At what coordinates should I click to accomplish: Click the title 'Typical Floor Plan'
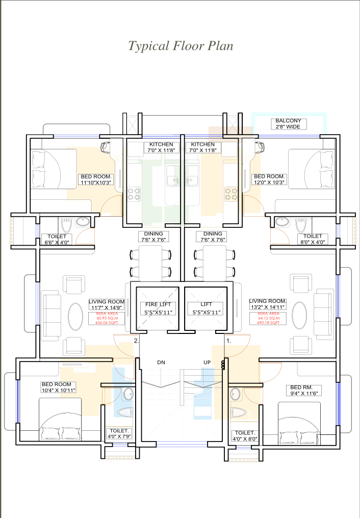tap(181, 46)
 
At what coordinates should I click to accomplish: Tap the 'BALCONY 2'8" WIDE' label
tap(288, 124)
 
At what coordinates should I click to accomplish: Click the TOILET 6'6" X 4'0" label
tap(60, 239)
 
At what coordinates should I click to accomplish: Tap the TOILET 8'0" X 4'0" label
tap(313, 239)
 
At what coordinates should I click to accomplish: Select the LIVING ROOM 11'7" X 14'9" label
tap(107, 304)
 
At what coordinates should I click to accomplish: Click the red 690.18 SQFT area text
tap(268, 323)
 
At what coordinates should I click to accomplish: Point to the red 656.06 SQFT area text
tap(107, 323)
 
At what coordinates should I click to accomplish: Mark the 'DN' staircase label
tap(161, 362)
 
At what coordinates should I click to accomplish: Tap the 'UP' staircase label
tap(207, 362)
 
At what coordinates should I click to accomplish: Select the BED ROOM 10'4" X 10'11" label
tap(59, 387)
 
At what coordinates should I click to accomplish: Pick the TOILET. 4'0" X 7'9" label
tap(120, 434)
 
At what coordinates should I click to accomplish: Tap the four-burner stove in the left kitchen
tap(134, 194)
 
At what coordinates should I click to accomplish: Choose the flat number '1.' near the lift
tap(228, 341)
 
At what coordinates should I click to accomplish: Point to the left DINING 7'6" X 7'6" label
tap(153, 237)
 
